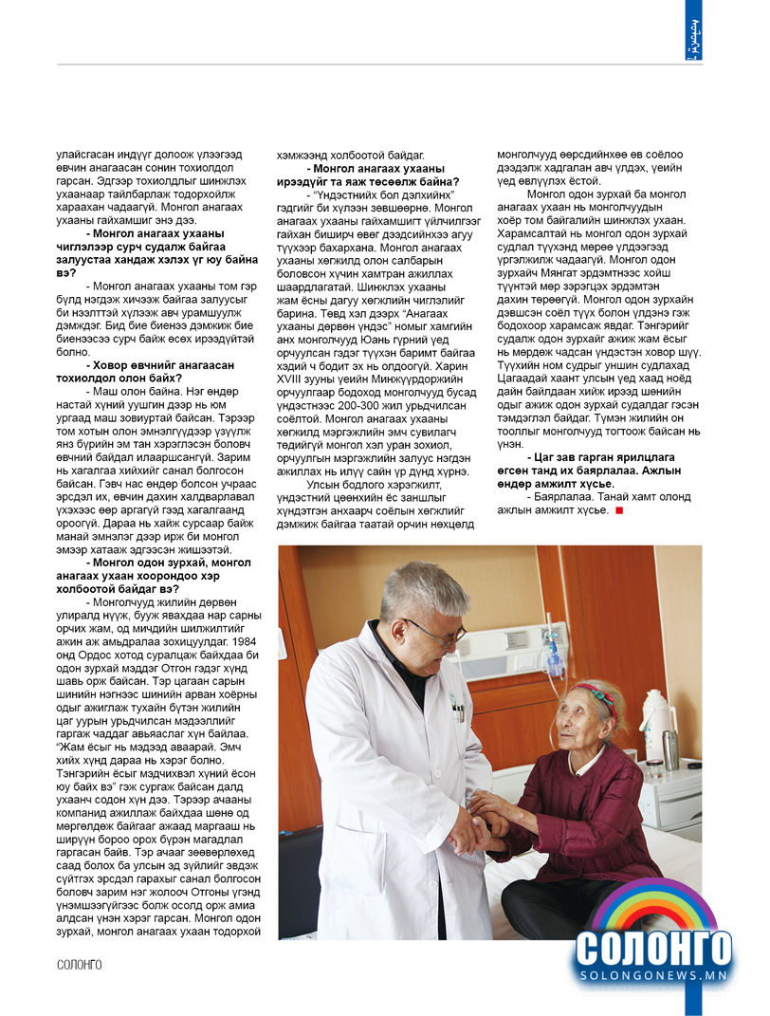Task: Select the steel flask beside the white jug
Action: (671, 748)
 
